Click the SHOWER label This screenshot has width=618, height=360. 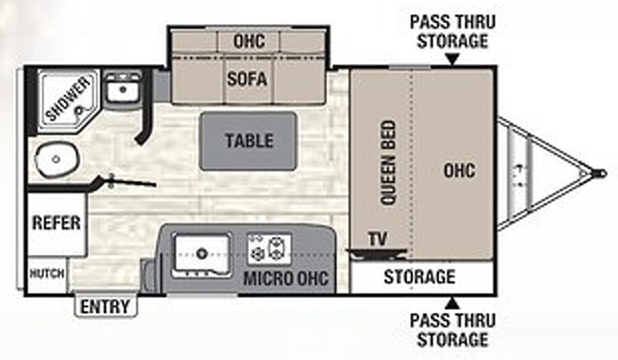coord(66,99)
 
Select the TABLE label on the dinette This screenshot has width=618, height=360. coord(249,140)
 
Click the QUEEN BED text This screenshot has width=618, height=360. coord(387,162)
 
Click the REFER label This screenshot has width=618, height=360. coord(56,223)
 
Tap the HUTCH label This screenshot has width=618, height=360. coord(46,271)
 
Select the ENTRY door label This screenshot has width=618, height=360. coord(105,307)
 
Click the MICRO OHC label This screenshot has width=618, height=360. coord(281,278)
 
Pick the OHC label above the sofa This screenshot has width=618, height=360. coord(248,41)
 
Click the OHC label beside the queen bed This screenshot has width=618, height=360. coord(459,170)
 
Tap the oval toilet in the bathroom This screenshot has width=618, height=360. coord(57,157)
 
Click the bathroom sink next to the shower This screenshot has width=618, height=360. coord(122,90)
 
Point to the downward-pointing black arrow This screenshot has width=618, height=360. coord(451,59)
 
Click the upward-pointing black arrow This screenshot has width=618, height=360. coord(451,302)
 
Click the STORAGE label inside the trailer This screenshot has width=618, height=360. coord(419,277)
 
